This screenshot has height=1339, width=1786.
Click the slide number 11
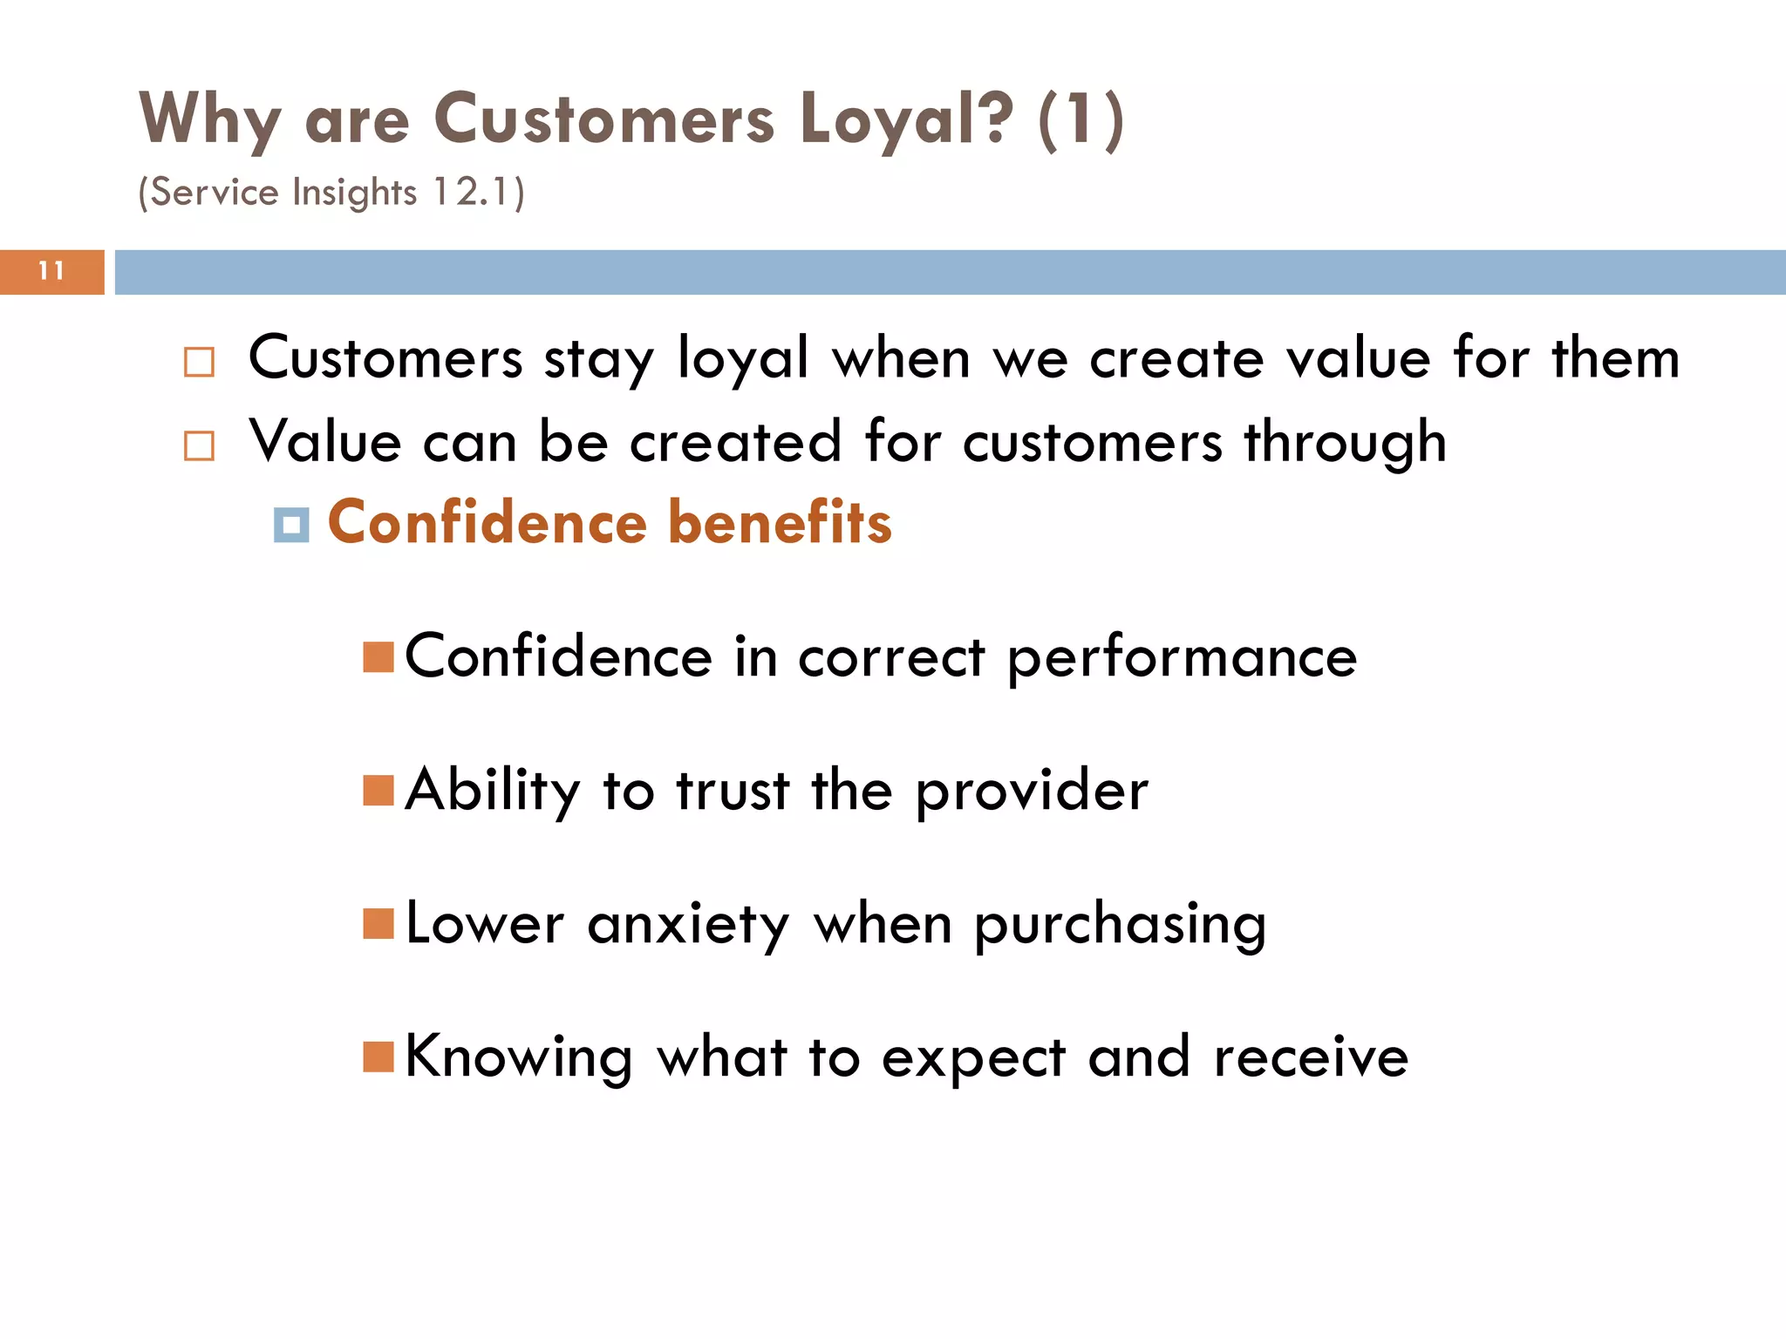(x=51, y=271)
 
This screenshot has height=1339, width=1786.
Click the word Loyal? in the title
(x=906, y=119)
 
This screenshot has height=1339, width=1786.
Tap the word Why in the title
(x=209, y=119)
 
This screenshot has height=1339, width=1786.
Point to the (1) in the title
(x=1080, y=119)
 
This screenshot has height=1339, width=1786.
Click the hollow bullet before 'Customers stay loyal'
(x=200, y=362)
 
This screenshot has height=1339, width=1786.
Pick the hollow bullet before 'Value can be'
(x=200, y=445)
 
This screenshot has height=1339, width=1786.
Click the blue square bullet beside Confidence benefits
(x=291, y=525)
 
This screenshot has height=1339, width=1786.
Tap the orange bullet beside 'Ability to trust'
(x=378, y=791)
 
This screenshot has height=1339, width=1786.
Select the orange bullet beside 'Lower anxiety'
(x=378, y=923)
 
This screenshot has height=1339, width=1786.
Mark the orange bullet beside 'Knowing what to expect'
(x=378, y=1057)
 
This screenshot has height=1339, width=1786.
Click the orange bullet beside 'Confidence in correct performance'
(x=378, y=657)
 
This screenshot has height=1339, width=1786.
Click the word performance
(x=1182, y=659)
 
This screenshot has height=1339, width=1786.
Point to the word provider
(x=1032, y=792)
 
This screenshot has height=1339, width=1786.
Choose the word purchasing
(x=1120, y=926)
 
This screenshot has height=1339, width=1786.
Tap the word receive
(x=1311, y=1057)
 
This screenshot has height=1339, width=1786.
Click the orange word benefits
(x=781, y=522)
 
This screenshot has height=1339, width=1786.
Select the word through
(x=1345, y=443)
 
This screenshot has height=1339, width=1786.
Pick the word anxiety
(x=688, y=926)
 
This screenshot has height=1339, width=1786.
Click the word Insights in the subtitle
(x=355, y=193)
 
